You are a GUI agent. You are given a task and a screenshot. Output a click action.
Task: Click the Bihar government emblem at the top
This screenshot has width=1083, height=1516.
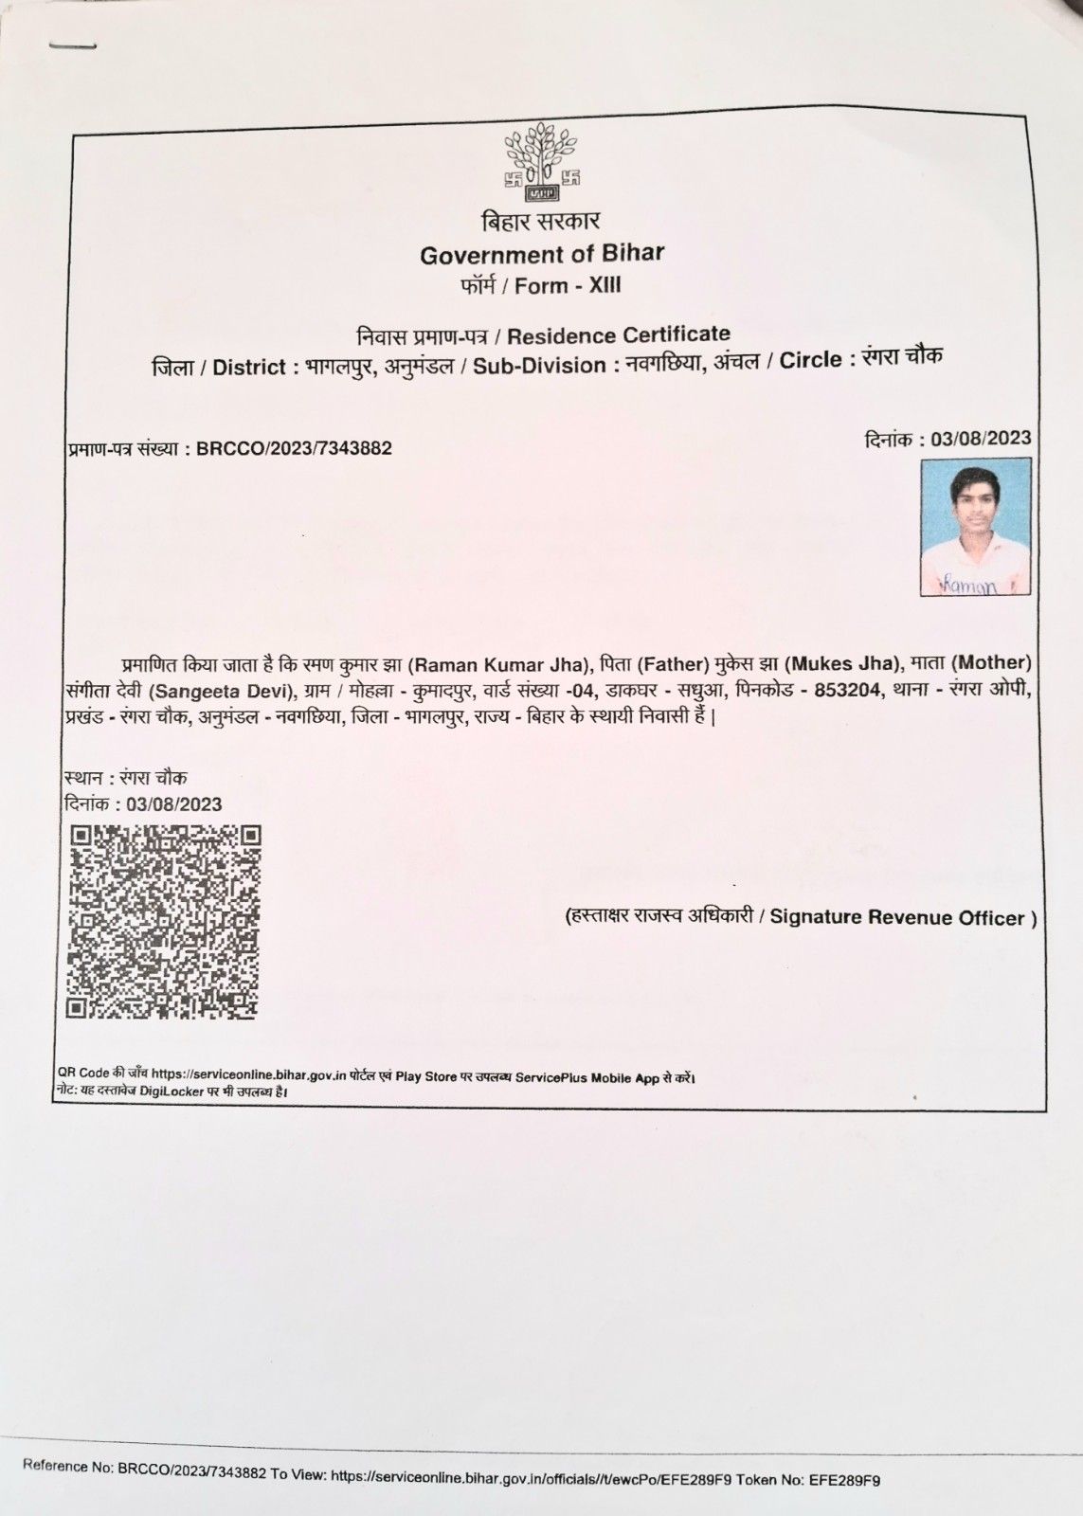tap(541, 162)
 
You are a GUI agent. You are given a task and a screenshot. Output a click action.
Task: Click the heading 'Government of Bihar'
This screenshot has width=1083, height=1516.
tap(542, 254)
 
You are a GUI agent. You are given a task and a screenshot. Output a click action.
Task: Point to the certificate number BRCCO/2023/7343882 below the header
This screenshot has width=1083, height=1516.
tap(294, 448)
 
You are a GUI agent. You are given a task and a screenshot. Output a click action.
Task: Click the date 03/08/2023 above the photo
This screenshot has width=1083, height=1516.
tap(981, 439)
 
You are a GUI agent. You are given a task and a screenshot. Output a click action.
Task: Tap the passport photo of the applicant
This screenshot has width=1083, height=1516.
tap(975, 527)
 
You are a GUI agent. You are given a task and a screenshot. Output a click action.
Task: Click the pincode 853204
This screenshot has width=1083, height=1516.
tap(848, 689)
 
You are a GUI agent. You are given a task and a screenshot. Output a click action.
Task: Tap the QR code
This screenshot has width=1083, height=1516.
tap(164, 921)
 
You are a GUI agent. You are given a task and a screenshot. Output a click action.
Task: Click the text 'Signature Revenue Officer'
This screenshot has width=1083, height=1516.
tap(897, 917)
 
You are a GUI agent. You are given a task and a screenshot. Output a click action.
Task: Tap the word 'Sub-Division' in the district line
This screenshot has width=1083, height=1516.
tap(539, 366)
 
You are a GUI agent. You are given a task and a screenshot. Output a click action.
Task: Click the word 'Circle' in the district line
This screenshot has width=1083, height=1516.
tap(811, 361)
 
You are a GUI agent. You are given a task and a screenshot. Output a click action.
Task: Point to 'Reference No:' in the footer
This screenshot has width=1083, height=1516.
tap(68, 1467)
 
